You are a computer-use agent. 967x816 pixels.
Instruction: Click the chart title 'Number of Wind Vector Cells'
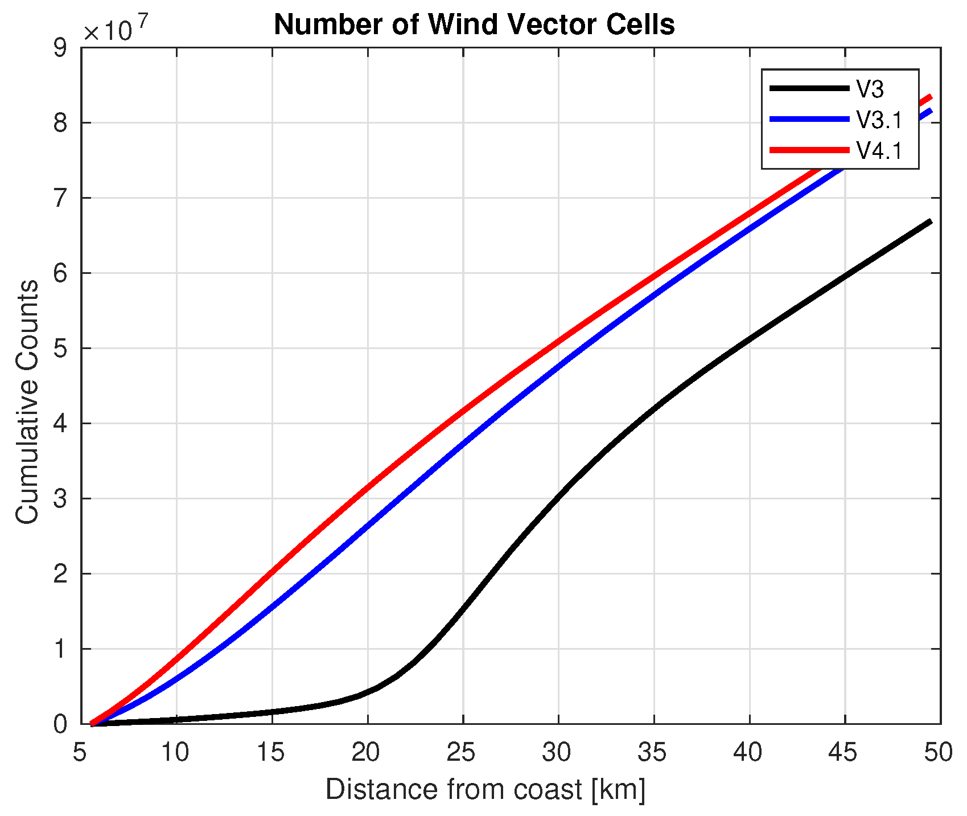[474, 25]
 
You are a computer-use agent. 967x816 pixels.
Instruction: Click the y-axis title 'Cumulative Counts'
[27, 401]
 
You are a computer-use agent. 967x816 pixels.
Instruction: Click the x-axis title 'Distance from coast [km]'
[485, 790]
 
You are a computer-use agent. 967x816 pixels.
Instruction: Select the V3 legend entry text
[870, 89]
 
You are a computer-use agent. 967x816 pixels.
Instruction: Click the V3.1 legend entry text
[879, 120]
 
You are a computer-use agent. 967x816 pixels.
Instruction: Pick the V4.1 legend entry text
[879, 151]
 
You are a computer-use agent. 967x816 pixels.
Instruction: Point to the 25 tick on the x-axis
[463, 752]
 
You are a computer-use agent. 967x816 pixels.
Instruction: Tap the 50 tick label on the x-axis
[938, 752]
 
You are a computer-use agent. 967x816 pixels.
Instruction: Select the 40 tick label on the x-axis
[748, 752]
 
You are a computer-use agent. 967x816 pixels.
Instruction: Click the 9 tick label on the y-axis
[60, 48]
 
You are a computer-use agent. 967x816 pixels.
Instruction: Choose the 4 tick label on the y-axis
[60, 424]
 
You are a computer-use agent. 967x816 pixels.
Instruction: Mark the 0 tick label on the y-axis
[60, 724]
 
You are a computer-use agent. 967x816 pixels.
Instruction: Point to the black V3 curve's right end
[930, 222]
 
